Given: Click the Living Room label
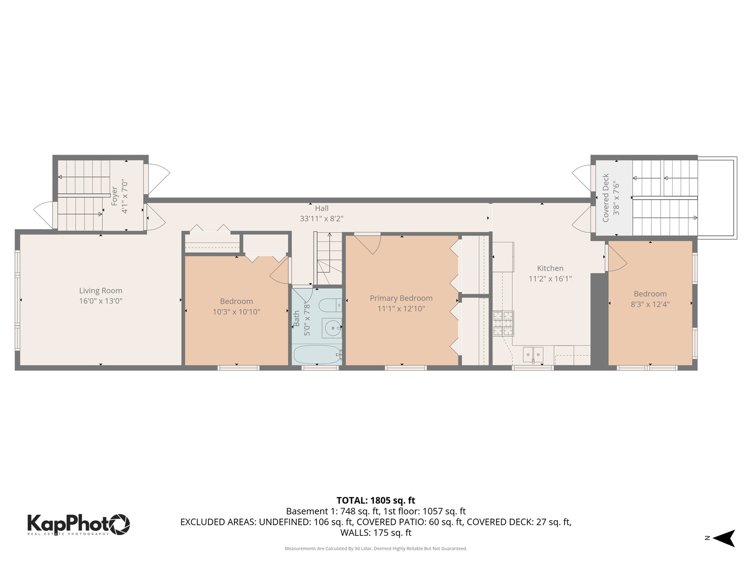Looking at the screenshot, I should point(100,291).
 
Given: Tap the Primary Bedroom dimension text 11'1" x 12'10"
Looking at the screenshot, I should point(401,309).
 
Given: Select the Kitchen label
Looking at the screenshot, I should point(550,268).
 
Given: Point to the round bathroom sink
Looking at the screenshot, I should point(332,328).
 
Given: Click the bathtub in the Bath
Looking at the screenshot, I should point(317,355).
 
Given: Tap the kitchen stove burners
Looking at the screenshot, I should point(503,323).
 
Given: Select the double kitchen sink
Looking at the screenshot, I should point(533,355).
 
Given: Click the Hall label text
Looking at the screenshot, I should point(322,208).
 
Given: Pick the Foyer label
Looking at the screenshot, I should point(114,196).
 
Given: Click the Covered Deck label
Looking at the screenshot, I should point(606,198).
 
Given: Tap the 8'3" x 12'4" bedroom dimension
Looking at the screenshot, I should point(650,304).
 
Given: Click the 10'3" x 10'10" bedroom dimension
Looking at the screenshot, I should point(236,312).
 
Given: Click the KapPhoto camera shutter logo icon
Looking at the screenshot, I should point(120,524).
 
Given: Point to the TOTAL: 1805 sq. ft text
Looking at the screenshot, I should point(375,500).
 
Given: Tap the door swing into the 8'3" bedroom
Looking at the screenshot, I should point(616,258).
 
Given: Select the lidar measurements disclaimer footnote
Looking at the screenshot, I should point(375,548).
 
